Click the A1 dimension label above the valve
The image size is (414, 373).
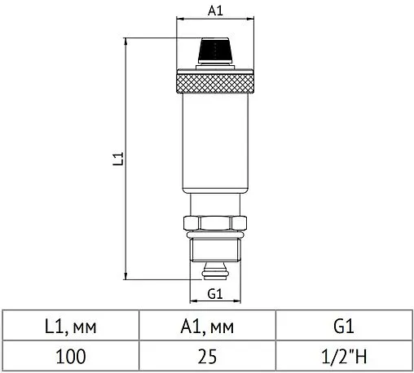(x=215, y=11)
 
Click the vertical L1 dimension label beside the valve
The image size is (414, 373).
(x=118, y=159)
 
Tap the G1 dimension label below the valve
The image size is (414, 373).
(x=215, y=294)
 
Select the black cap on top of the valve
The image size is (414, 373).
(x=215, y=50)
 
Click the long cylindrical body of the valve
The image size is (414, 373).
(x=215, y=143)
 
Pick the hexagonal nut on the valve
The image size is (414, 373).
(x=215, y=223)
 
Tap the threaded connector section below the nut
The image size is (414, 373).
(x=215, y=250)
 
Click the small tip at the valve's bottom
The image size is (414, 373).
(x=215, y=271)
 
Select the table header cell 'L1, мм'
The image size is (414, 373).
(x=71, y=325)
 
